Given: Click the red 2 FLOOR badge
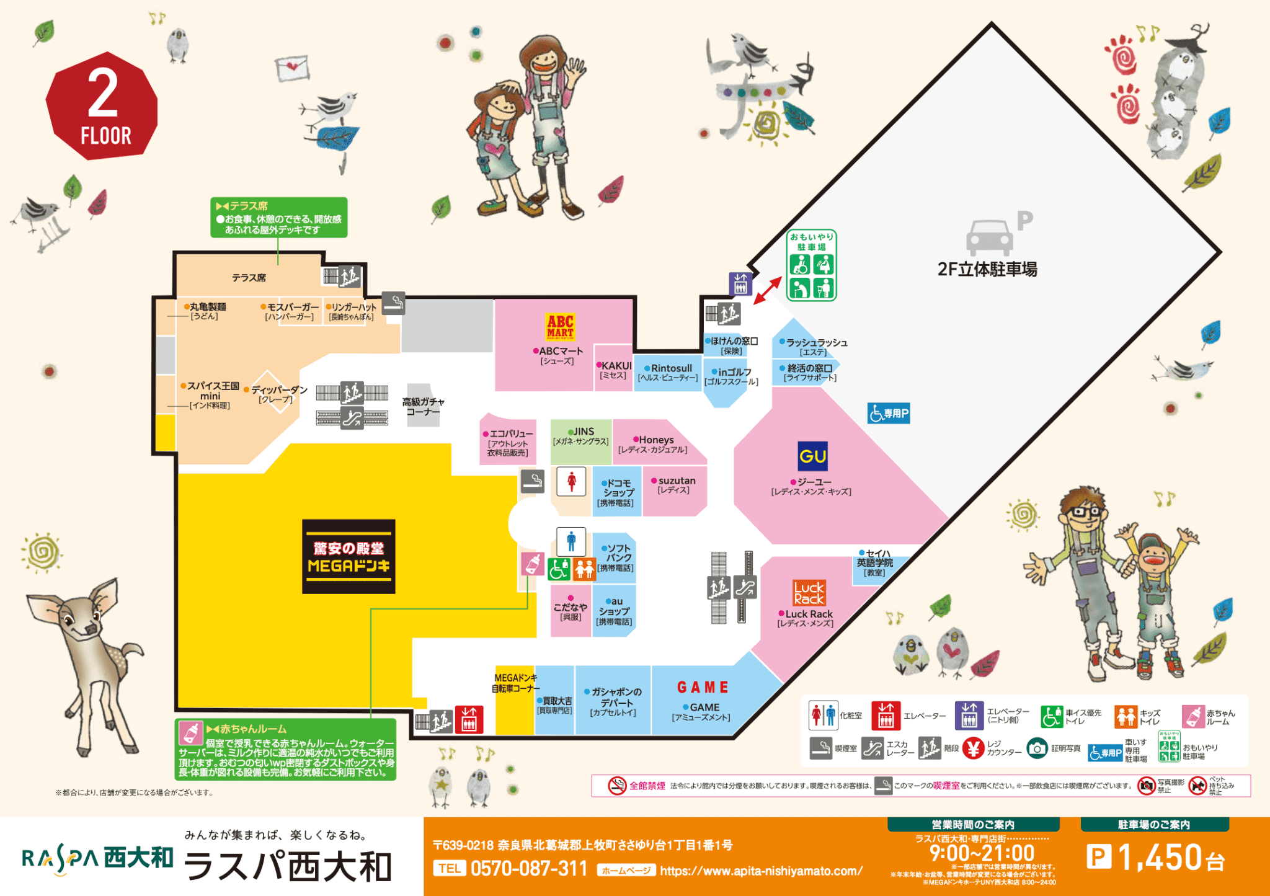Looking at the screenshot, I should click(102, 105).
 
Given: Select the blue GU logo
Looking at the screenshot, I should click(812, 456).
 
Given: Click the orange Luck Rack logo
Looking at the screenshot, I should click(809, 593).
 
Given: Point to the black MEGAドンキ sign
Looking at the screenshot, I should click(349, 556).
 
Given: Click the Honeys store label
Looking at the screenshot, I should click(655, 440).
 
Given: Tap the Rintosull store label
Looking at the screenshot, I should click(670, 368).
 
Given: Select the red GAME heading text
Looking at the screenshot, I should click(703, 688).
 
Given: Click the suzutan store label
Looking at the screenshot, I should click(676, 481).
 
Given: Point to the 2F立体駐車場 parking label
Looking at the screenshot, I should click(987, 269).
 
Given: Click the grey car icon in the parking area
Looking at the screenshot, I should click(989, 237).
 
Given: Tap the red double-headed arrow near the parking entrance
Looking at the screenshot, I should click(767, 290).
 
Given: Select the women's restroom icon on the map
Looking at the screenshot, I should click(571, 481).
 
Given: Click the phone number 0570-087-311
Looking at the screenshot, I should click(528, 869).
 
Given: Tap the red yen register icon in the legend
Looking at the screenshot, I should click(973, 748).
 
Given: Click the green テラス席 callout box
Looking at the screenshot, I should click(278, 218).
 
